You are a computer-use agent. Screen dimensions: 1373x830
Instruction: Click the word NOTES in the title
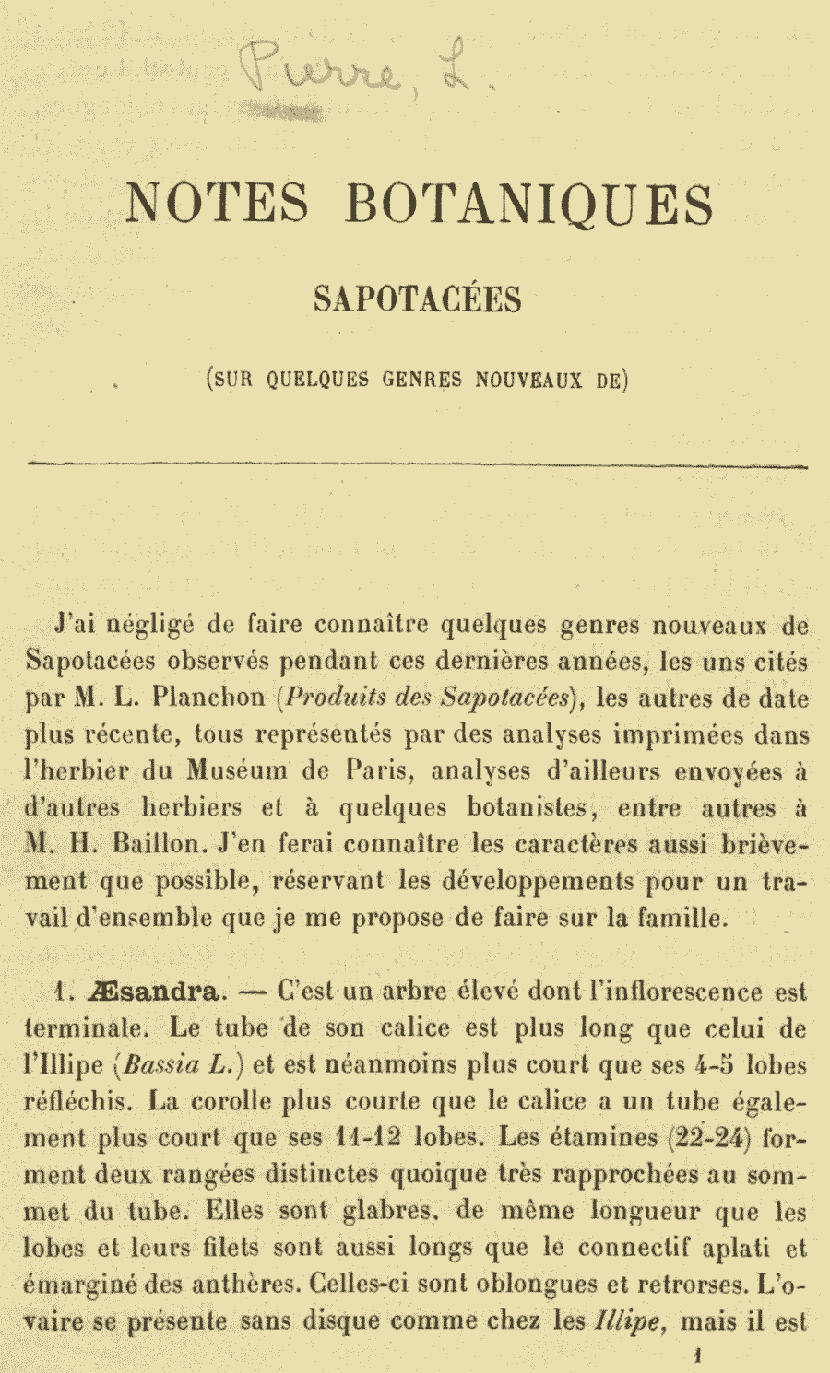218,204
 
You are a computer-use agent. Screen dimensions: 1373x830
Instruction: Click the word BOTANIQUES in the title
529,205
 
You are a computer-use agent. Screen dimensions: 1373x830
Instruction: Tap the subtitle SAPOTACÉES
418,299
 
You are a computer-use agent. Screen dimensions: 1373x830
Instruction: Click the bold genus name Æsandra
156,992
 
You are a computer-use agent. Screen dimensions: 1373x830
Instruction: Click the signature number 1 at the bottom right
698,1355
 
